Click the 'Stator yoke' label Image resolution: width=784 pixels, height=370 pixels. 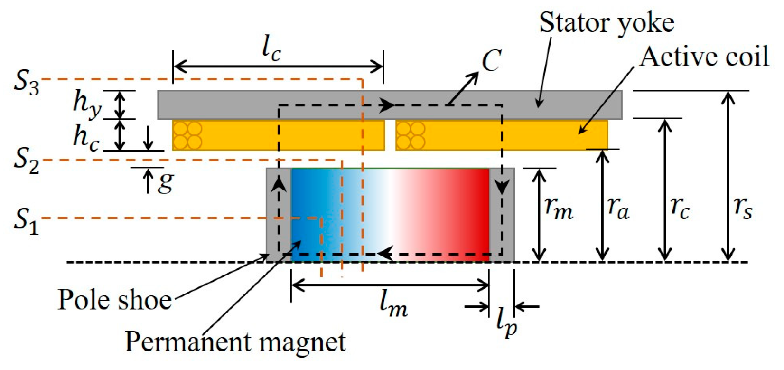pos(607,23)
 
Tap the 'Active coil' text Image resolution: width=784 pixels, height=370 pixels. pos(704,57)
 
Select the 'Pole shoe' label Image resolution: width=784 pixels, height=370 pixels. pos(114,300)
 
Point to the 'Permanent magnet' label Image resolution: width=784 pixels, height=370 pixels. pos(235,342)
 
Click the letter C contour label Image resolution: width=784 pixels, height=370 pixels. pos(491,61)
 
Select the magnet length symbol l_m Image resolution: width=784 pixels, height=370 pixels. pos(393,304)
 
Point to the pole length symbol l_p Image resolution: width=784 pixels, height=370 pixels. pos(506,324)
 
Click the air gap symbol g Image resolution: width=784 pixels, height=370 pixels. pos(165,182)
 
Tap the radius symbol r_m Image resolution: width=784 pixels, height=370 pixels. pos(559,209)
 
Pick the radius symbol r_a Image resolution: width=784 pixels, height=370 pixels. pos(618,209)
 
